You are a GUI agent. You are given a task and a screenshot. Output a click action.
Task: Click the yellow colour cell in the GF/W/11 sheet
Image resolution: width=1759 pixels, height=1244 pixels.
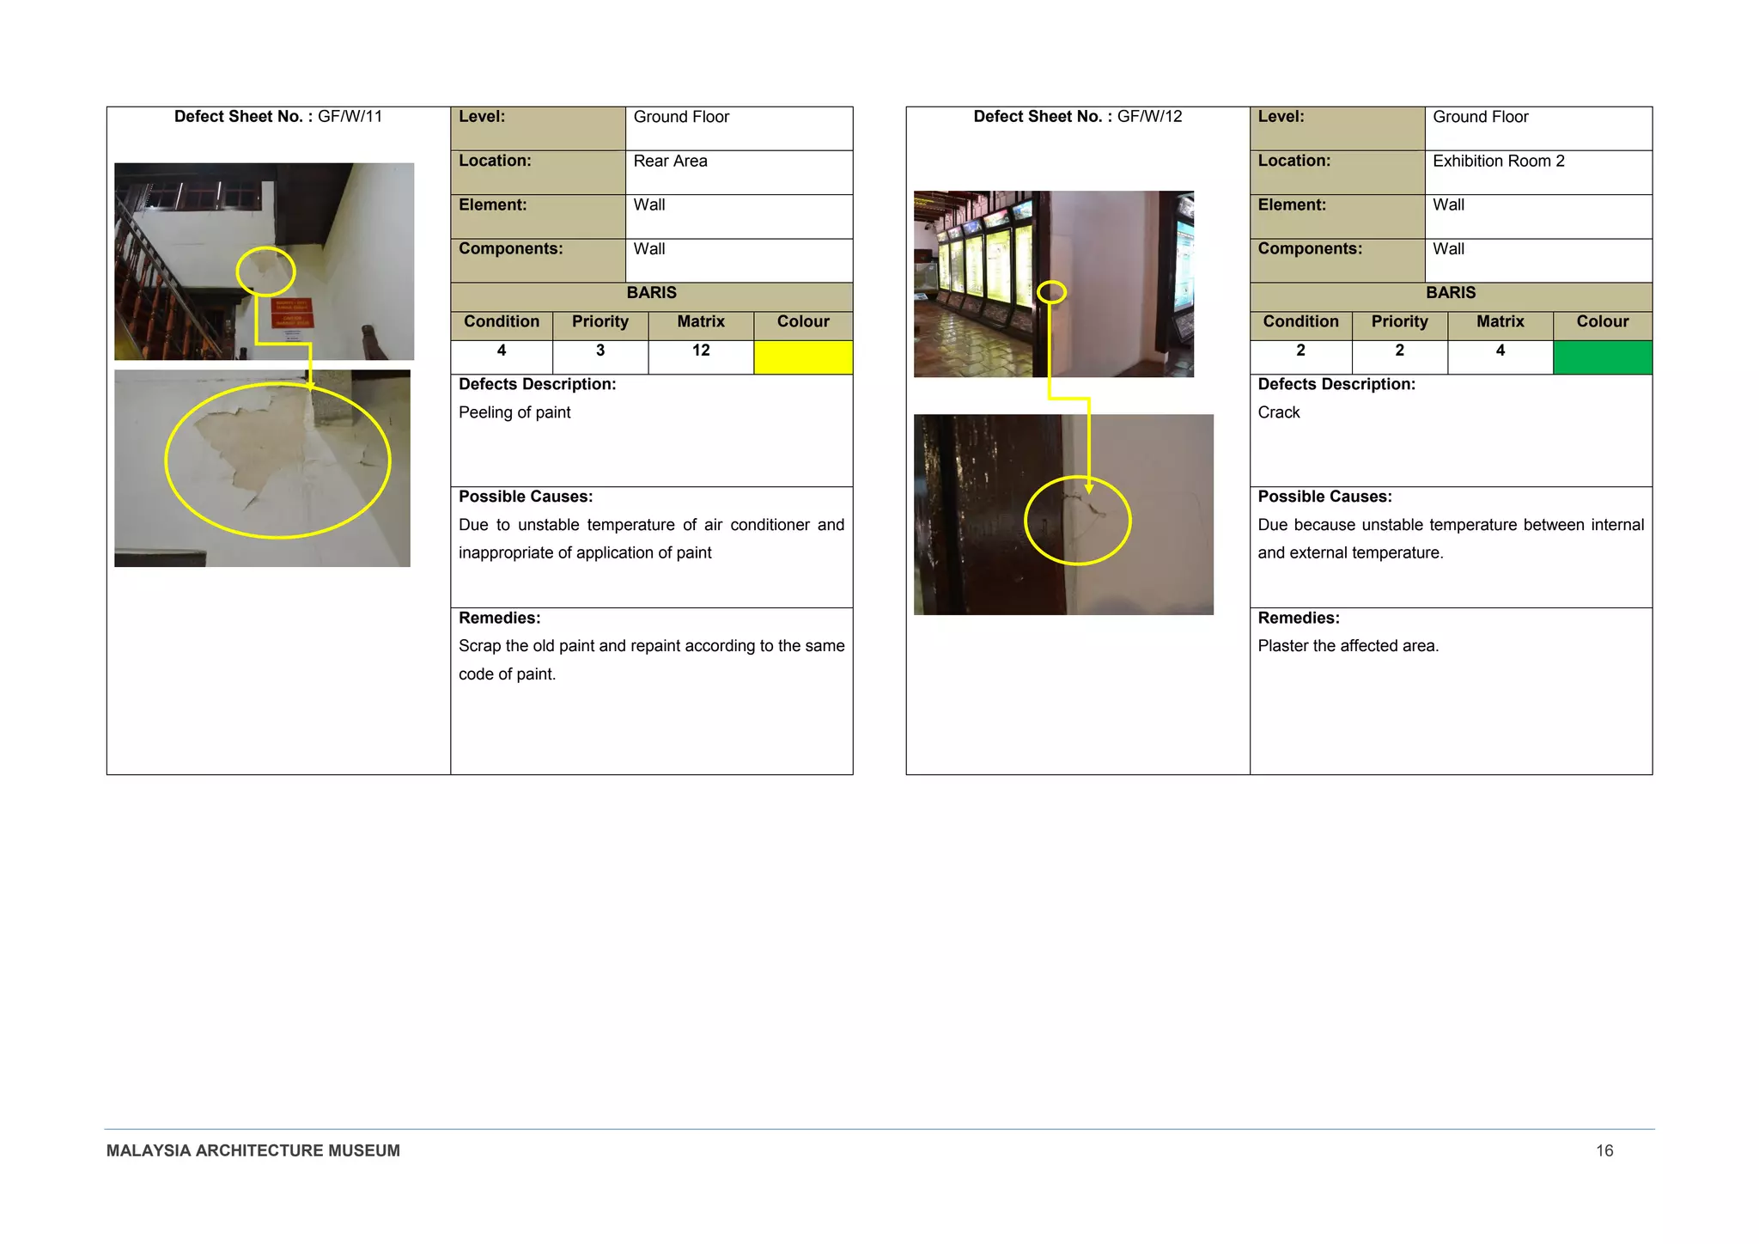tap(803, 357)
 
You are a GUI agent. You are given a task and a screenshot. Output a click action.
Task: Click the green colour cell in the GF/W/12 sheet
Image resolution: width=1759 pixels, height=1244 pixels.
tap(1602, 357)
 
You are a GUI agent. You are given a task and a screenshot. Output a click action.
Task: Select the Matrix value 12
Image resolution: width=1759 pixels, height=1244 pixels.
tap(701, 351)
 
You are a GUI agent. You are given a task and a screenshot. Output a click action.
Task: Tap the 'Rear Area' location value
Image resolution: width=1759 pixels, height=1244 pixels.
tap(670, 162)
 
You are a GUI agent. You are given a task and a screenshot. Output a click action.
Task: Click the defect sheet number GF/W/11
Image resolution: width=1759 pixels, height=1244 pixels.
tap(278, 117)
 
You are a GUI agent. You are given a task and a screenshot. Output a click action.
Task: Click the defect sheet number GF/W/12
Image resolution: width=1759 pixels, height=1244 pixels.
tap(1077, 117)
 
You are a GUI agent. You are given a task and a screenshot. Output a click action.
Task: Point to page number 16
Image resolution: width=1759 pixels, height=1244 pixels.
tap(1604, 1150)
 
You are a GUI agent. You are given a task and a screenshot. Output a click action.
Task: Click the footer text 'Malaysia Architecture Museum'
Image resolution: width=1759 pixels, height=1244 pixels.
tap(253, 1150)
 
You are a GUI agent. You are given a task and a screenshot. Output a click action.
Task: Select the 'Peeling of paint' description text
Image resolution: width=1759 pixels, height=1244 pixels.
tap(514, 412)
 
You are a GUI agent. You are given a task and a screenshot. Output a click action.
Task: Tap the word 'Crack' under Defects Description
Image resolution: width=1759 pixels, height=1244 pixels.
tap(1279, 412)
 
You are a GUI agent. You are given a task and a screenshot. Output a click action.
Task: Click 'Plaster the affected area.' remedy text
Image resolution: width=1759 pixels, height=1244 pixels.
tap(1348, 646)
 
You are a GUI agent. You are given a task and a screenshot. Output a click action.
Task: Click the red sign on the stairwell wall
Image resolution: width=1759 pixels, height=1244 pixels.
tap(292, 314)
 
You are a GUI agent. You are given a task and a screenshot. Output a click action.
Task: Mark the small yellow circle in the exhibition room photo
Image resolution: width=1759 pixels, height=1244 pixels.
tap(1051, 292)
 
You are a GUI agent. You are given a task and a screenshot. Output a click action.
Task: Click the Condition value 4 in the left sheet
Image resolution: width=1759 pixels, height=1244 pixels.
tap(502, 351)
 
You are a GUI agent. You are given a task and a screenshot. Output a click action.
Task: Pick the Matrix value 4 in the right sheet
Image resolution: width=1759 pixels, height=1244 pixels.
tap(1500, 351)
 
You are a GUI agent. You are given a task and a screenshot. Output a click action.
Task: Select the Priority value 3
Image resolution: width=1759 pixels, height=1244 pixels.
tap(600, 351)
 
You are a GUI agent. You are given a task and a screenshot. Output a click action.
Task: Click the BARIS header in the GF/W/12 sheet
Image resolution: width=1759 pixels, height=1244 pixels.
tap(1451, 293)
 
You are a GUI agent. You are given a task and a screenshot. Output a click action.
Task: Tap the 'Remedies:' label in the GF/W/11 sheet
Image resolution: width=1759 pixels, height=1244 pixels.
tap(499, 618)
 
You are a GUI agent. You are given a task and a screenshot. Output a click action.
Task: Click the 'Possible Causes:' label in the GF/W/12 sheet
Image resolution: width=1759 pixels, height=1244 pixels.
tap(1324, 497)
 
